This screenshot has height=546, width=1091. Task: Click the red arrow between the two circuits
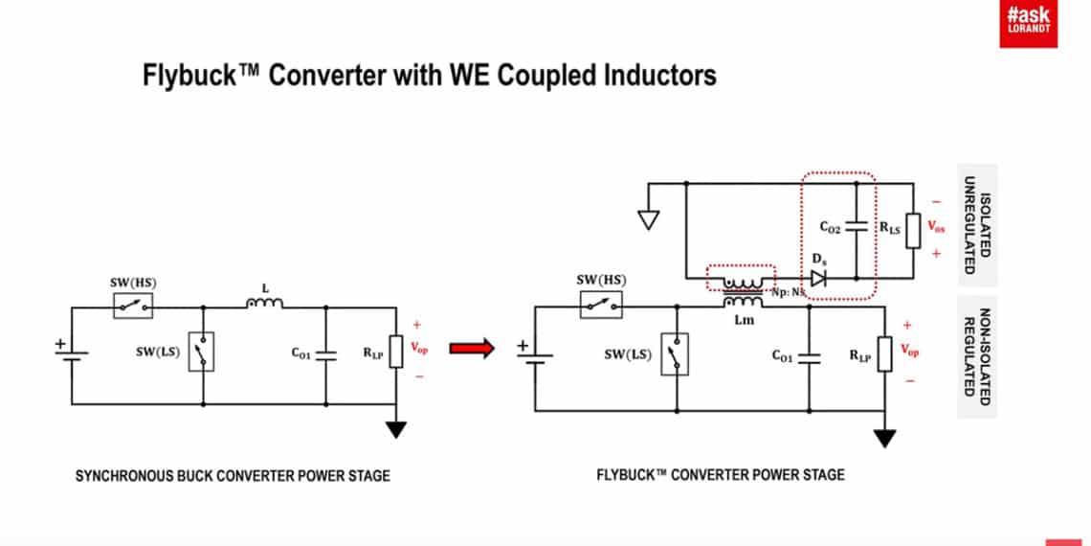tap(472, 348)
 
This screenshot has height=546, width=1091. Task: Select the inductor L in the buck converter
tap(265, 304)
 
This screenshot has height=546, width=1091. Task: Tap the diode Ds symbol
tap(817, 278)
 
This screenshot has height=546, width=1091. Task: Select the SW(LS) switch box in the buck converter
tap(202, 352)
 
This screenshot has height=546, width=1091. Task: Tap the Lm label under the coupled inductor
tap(744, 320)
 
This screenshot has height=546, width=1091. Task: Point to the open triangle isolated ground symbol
tap(648, 219)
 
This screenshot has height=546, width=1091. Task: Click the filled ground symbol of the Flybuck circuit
tap(885, 438)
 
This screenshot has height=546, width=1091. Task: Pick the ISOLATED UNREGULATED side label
tap(976, 225)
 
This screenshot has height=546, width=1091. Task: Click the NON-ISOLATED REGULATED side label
tap(976, 355)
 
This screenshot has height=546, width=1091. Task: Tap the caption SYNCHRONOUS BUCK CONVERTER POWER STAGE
tap(233, 475)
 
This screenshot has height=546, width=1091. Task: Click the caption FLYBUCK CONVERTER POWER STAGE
tap(721, 475)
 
